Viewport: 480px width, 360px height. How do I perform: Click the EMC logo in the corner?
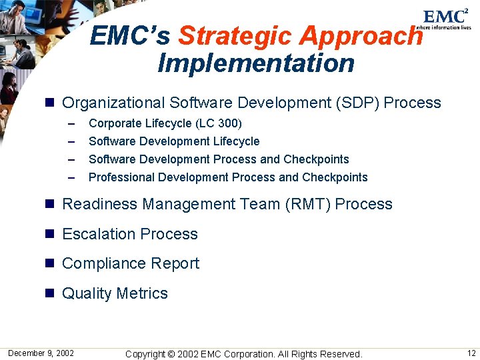(446, 17)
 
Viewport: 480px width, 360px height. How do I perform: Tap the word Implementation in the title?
(256, 63)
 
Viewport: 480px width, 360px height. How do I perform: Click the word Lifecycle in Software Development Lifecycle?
(236, 141)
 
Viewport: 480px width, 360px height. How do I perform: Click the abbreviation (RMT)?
(307, 204)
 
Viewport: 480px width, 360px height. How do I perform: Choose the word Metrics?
(142, 293)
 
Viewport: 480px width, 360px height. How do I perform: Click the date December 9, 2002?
(41, 353)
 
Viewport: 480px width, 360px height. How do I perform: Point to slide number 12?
(471, 353)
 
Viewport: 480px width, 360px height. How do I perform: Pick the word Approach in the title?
(360, 35)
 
